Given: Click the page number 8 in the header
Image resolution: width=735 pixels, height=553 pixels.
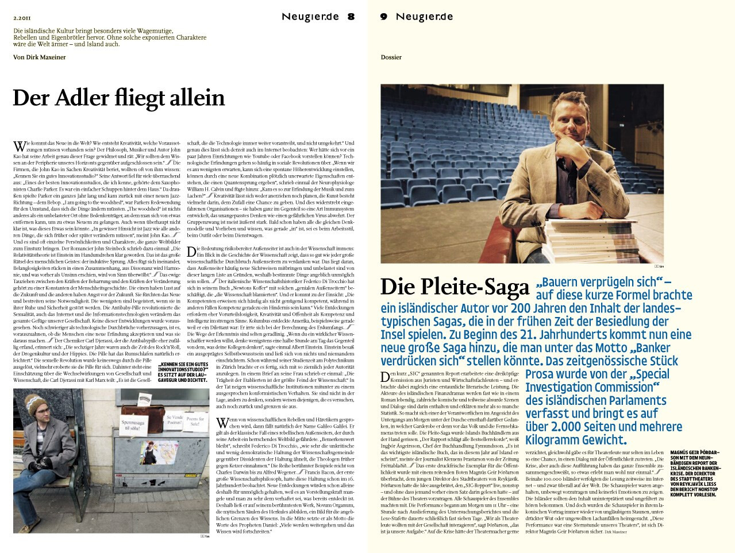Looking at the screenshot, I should click(351, 17).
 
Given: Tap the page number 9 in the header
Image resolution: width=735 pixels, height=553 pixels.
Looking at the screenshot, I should click(384, 17).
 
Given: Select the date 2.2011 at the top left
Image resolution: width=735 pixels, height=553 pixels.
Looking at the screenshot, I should click(22, 17).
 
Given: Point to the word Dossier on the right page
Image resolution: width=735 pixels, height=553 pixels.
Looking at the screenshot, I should click(391, 57).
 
